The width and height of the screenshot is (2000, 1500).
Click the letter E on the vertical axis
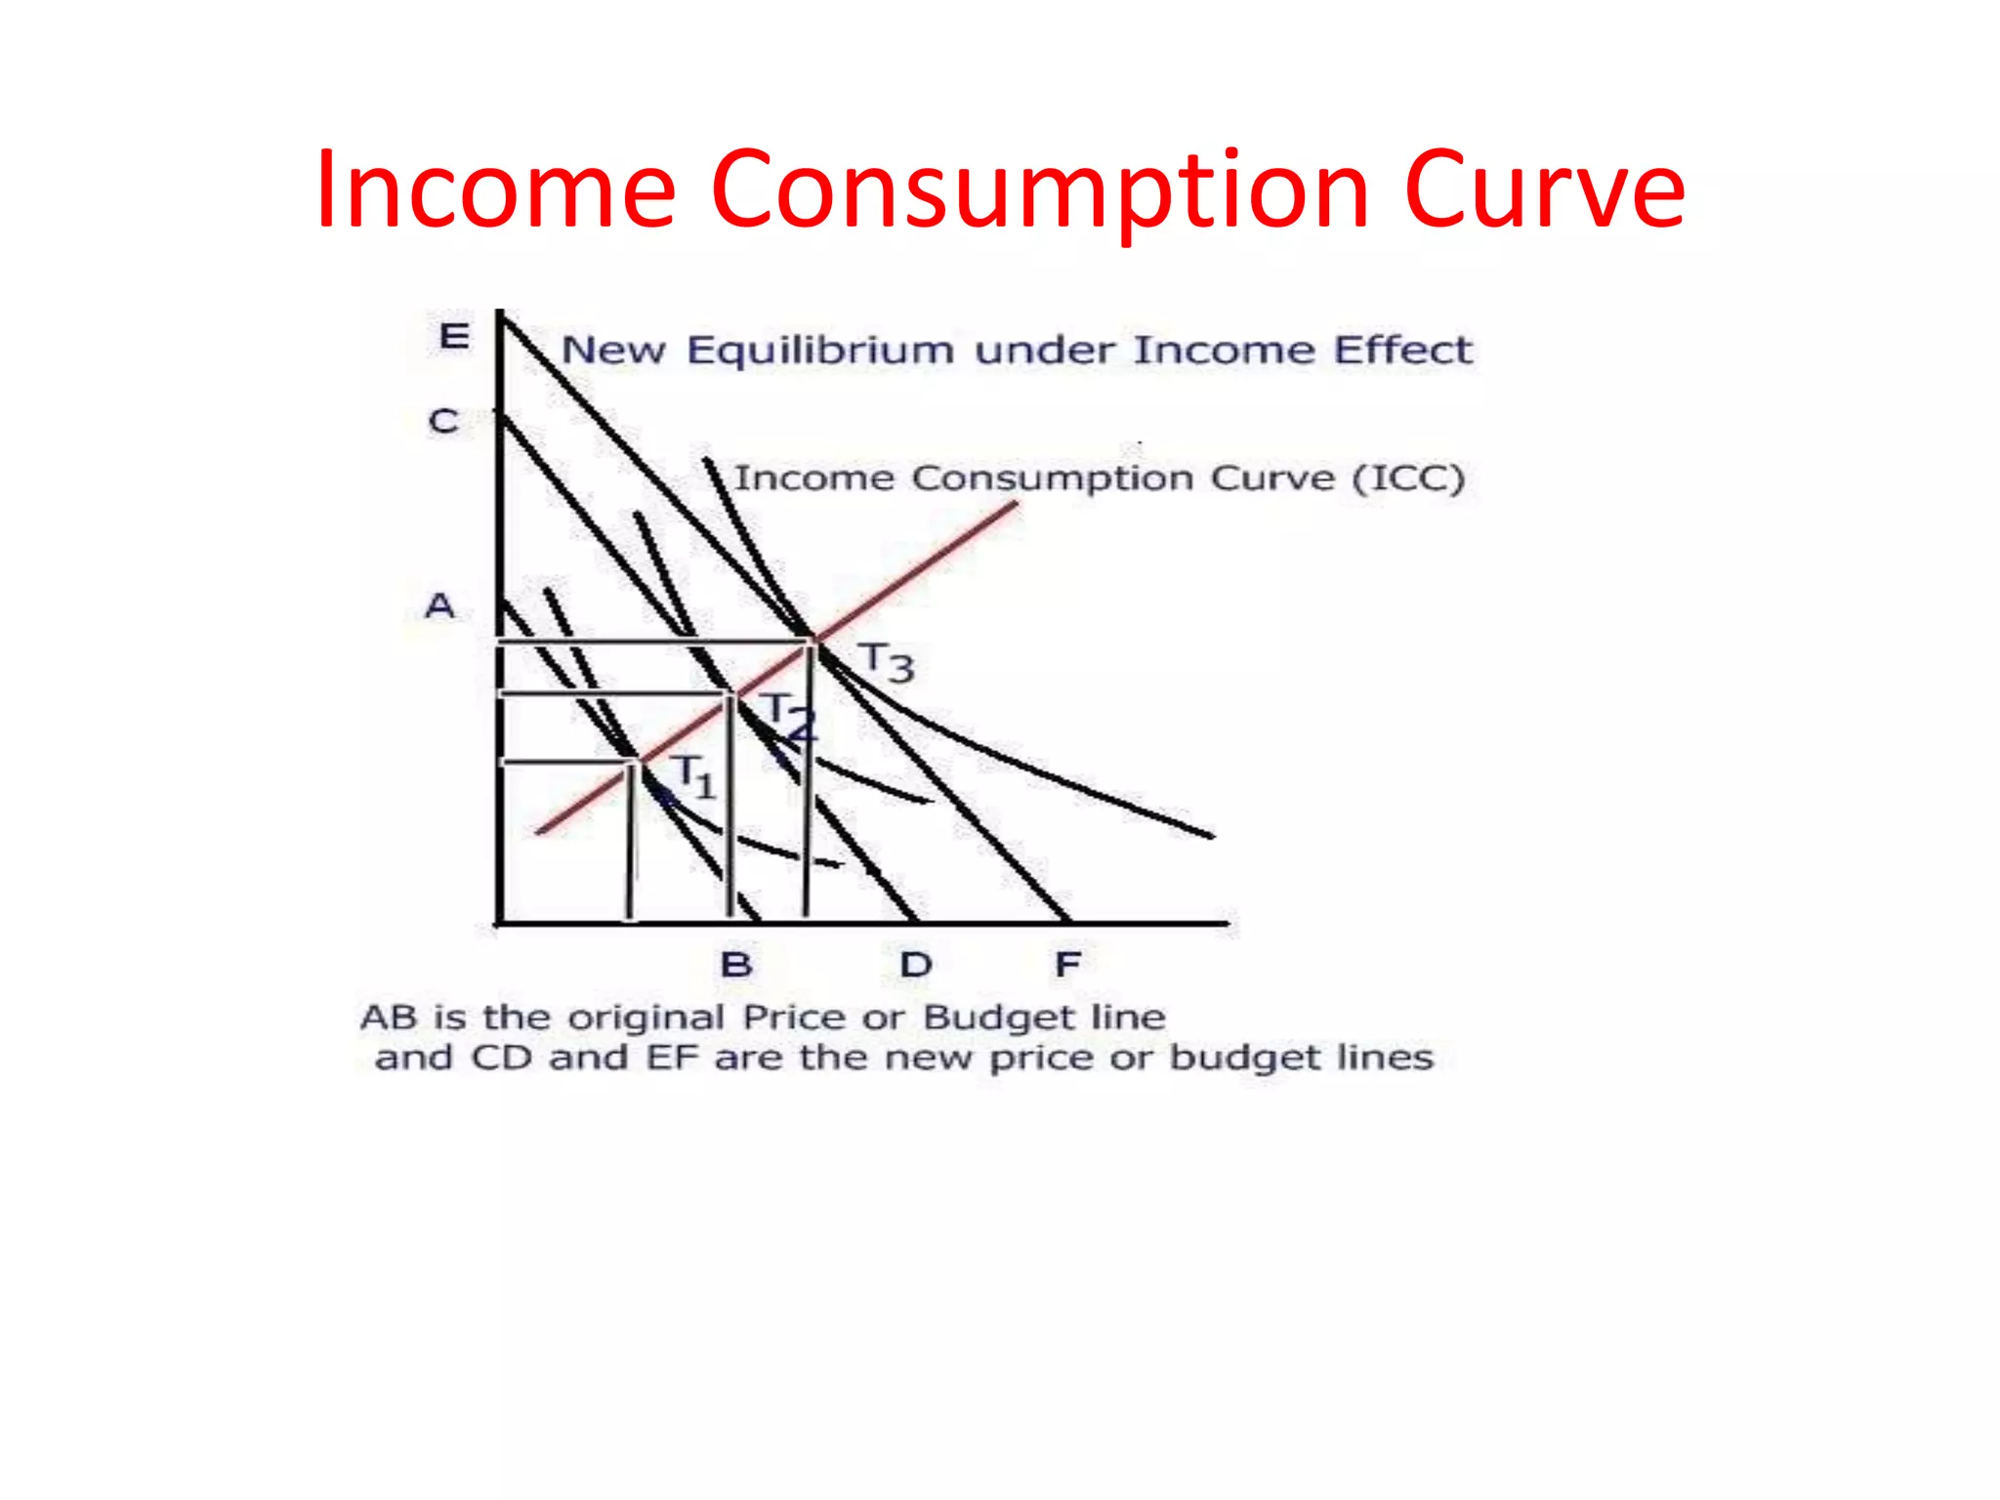point(454,337)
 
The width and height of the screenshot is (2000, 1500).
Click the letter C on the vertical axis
point(444,422)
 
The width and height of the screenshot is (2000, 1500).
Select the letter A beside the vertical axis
point(440,606)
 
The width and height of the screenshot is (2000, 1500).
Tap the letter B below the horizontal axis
point(736,965)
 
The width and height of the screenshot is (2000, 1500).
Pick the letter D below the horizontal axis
point(916,965)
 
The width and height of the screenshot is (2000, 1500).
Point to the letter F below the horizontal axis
point(1067,965)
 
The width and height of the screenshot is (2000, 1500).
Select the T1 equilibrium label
point(695,775)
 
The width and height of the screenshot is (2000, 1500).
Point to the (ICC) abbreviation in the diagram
point(1408,479)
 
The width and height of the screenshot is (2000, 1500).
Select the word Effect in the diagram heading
point(1403,350)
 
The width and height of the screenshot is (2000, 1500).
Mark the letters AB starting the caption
point(390,1018)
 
